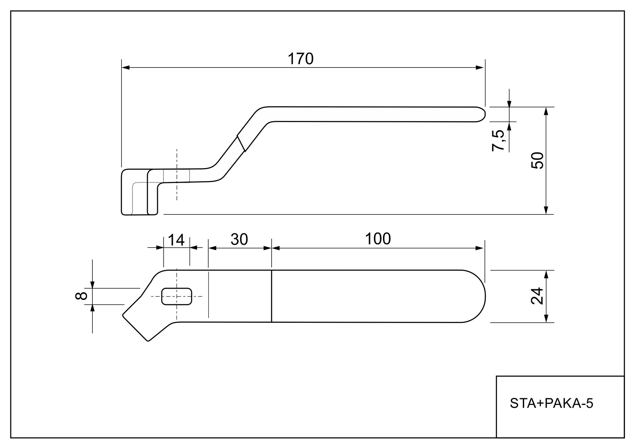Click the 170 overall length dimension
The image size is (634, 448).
pos(300,59)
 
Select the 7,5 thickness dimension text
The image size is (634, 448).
pos(498,140)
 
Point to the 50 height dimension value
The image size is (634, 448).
pos(537,160)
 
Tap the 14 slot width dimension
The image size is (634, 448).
pos(176,240)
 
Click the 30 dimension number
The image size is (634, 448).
pos(239,240)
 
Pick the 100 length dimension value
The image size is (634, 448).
pos(378,239)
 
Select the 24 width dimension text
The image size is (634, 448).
pos(537,296)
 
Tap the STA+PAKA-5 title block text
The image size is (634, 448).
pos(552,404)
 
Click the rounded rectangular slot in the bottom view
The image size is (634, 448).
pos(177,296)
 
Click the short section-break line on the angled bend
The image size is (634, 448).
pos(241,143)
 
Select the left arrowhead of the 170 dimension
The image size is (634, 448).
pos(125,67)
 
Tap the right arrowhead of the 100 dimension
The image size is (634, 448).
pos(480,248)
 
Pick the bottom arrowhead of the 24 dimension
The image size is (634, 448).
pos(546,319)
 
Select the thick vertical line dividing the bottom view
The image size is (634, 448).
pos(272,296)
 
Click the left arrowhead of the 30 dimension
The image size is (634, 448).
pos(212,248)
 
